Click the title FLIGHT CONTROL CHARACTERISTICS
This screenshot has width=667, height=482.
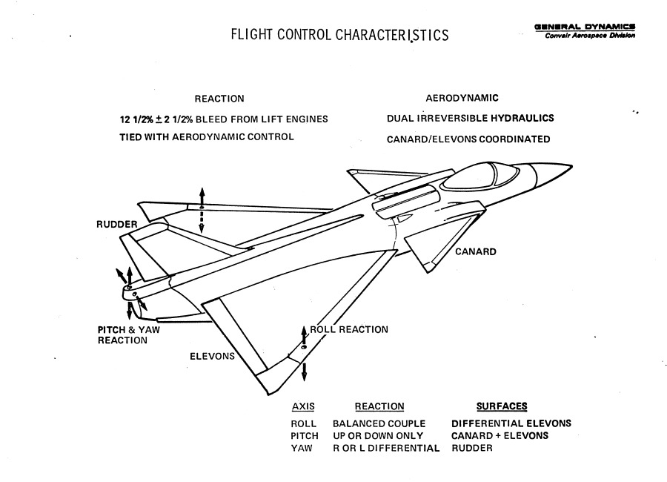point(339,35)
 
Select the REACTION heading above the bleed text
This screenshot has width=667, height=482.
point(219,99)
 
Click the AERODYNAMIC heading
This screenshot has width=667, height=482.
point(462,98)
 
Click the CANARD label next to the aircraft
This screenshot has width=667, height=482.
point(475,252)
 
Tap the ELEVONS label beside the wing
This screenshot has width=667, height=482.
point(213,356)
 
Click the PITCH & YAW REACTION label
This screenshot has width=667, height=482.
point(129,335)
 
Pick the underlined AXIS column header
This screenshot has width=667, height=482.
point(302,406)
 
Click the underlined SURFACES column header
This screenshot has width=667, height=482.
point(502,406)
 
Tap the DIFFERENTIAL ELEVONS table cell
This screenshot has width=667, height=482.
point(511,423)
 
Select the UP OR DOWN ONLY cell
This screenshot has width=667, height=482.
point(378,436)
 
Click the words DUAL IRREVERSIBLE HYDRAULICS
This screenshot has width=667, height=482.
point(470,118)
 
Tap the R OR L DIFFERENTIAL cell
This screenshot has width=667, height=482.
point(386,449)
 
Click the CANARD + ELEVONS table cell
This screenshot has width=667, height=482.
point(500,436)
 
